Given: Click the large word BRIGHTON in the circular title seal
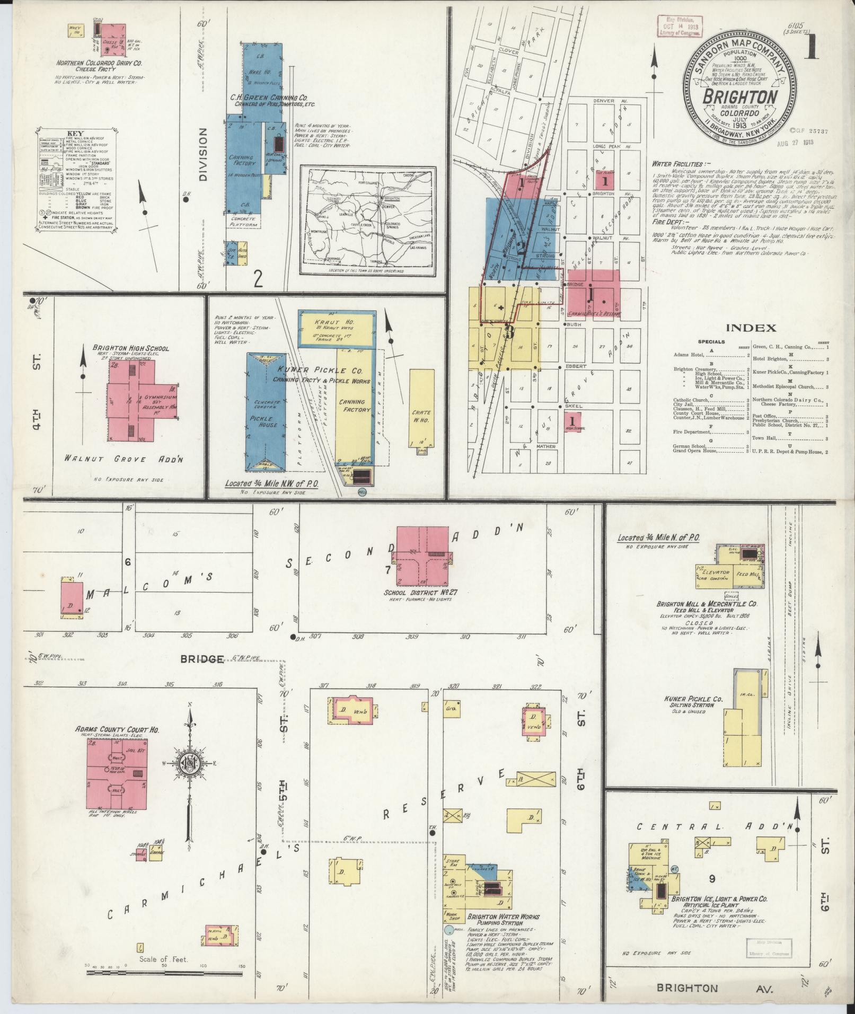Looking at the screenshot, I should (x=741, y=97).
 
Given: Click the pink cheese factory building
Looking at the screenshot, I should (x=113, y=40).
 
